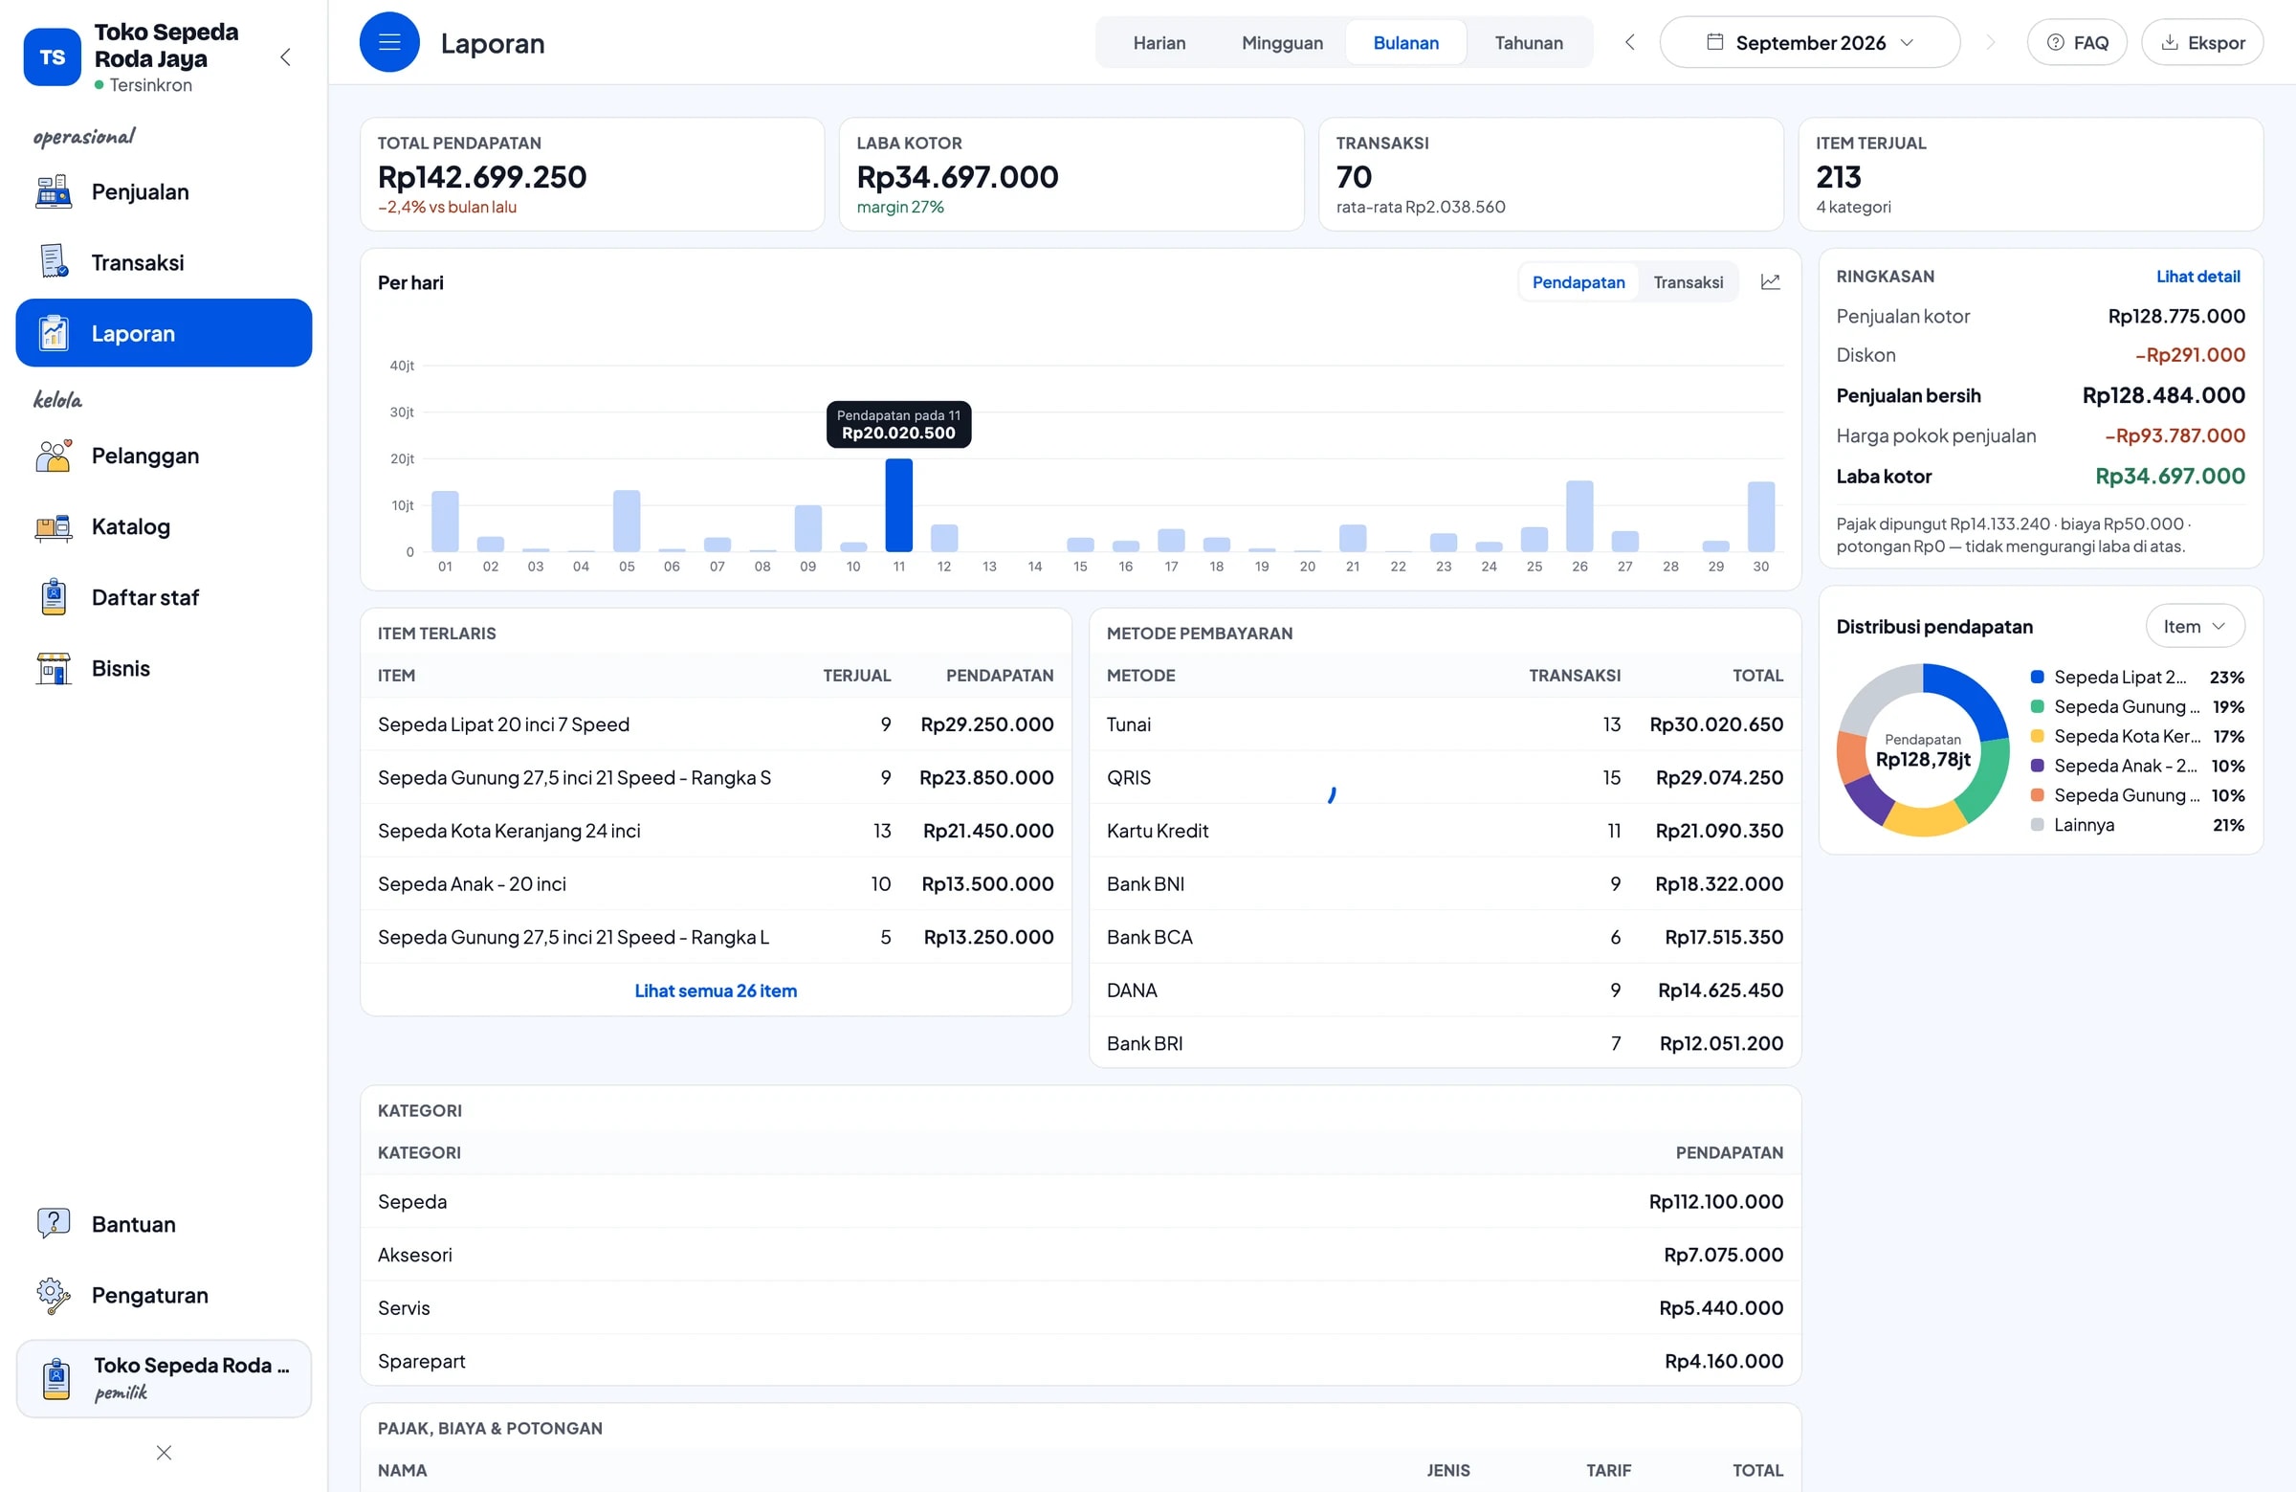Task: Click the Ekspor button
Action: (x=2201, y=42)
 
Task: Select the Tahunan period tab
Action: (x=1528, y=42)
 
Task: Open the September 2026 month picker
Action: (x=1809, y=42)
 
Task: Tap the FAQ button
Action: (x=2076, y=42)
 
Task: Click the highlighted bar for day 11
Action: (x=898, y=504)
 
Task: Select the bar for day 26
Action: (x=1579, y=515)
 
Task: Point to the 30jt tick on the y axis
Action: (x=401, y=412)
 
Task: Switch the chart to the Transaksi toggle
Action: (x=1688, y=281)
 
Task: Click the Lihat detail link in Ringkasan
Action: (x=2197, y=276)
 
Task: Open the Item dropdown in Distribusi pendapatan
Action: (x=2194, y=626)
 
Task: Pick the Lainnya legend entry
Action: (x=2084, y=825)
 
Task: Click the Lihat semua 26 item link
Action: (x=716, y=991)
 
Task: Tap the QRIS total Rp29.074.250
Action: (x=1719, y=777)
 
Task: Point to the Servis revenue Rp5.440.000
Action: (x=1721, y=1307)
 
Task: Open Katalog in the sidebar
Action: (x=130, y=527)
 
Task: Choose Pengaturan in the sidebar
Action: (x=149, y=1295)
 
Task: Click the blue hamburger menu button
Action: (x=389, y=42)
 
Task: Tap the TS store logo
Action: (x=52, y=56)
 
